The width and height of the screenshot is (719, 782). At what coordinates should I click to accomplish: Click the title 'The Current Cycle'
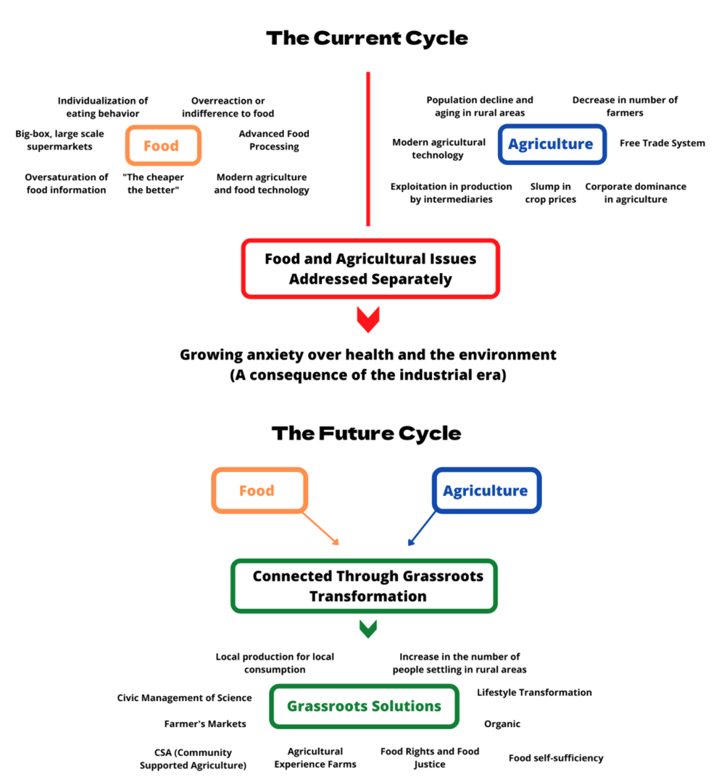point(367,38)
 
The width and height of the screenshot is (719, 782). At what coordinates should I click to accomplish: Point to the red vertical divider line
point(368,148)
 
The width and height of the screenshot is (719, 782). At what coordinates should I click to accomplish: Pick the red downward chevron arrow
point(368,319)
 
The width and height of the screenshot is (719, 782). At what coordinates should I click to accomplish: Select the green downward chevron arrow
point(368,629)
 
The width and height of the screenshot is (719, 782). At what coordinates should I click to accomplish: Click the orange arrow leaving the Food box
point(321,529)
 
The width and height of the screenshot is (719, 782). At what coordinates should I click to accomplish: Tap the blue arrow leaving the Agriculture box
point(422,529)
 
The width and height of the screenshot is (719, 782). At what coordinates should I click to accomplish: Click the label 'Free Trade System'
point(662,143)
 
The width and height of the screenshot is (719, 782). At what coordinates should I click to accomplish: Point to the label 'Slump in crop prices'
point(550,193)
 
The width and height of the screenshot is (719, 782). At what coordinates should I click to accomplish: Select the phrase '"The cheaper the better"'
point(153,183)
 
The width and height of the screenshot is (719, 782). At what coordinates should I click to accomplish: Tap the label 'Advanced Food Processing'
point(274,140)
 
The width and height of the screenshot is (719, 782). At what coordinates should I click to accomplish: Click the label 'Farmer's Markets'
point(205,723)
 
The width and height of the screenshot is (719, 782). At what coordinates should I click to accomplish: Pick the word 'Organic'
point(502,724)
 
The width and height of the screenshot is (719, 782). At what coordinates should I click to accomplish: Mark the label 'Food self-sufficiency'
point(556,758)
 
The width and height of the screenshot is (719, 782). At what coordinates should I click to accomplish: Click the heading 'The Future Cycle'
point(367,434)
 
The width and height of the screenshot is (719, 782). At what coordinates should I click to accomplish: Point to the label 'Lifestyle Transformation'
point(534,692)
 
